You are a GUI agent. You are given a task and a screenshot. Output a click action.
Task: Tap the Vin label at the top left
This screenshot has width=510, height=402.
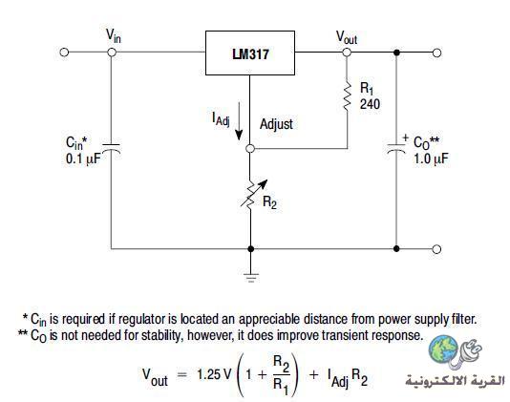114,35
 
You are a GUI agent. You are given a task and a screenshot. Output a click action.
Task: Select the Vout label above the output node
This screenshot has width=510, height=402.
347,37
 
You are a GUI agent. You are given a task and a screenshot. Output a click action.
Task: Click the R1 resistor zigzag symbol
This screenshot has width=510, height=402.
347,95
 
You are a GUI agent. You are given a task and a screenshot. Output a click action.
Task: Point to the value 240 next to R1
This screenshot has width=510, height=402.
370,104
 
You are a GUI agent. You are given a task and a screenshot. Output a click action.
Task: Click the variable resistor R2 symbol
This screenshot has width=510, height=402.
253,194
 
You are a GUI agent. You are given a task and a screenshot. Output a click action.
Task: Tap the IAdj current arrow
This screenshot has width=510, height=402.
239,121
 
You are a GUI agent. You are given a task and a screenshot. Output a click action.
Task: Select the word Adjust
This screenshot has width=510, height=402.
276,124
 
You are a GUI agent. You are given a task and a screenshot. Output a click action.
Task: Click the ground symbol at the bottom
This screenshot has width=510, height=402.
251,278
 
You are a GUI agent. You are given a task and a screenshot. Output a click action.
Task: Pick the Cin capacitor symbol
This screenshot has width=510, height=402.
111,148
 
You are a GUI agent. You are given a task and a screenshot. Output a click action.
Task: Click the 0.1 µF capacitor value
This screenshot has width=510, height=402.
83,159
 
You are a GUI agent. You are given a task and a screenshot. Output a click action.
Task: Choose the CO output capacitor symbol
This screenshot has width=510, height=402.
396,148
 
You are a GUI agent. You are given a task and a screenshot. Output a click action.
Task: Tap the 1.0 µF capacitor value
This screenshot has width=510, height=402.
431,159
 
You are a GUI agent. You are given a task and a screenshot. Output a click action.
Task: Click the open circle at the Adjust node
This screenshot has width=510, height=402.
250,149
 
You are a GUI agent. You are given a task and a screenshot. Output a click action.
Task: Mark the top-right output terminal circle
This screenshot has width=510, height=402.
437,53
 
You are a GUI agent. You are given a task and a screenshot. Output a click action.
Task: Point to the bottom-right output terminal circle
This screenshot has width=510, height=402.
437,249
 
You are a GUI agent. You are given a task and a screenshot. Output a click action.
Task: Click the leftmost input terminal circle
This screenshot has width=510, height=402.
64,52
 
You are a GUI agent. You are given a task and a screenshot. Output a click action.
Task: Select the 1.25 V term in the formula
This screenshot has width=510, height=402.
213,374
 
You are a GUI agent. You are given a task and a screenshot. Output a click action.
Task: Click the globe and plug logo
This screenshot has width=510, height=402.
455,352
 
